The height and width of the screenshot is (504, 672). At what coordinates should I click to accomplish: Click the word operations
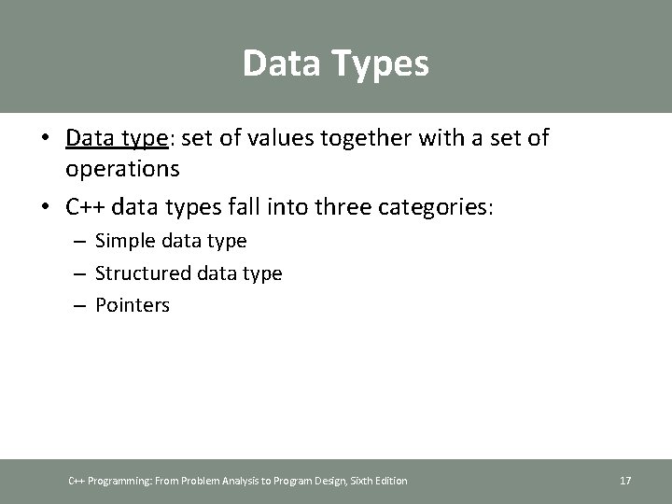click(x=122, y=168)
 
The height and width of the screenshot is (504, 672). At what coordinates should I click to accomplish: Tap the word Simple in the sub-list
click(x=126, y=241)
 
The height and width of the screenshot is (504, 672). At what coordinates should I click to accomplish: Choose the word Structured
click(x=143, y=273)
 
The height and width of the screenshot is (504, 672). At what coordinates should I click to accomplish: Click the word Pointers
click(x=133, y=304)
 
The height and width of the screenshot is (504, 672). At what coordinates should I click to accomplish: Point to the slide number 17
click(x=625, y=481)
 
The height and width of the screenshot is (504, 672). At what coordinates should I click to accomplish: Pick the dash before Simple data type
click(x=80, y=242)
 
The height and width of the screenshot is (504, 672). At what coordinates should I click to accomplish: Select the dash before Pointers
click(x=80, y=305)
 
